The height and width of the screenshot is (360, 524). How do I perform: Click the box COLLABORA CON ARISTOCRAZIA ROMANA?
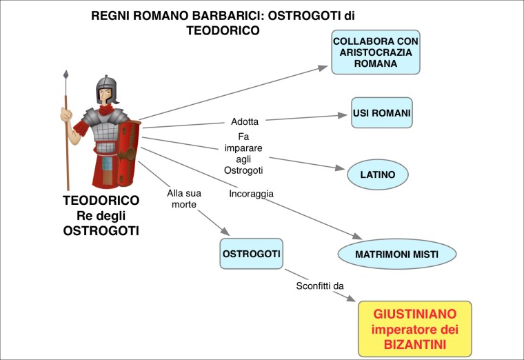pos(376,52)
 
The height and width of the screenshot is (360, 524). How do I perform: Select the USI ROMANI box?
pos(381,112)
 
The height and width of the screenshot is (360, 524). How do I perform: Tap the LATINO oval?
pos(377,174)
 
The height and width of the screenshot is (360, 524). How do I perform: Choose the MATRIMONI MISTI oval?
pos(396,254)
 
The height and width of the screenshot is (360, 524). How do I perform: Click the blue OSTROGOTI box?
pos(251,254)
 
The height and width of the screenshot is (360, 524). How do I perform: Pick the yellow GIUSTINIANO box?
pos(414,328)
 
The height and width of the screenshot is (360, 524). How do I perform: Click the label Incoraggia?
pos(251,194)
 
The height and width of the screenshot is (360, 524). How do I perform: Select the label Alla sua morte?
pos(184,199)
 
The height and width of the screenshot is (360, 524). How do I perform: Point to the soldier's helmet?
pos(107,88)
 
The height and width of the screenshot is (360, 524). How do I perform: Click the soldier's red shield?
pos(129,153)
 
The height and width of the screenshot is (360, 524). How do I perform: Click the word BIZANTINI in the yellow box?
pos(414,343)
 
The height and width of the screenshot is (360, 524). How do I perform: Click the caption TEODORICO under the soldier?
pos(101,201)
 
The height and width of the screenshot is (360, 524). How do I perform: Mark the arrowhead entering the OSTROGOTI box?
pos(224,232)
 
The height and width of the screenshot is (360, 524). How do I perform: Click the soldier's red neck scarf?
pos(107,109)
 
